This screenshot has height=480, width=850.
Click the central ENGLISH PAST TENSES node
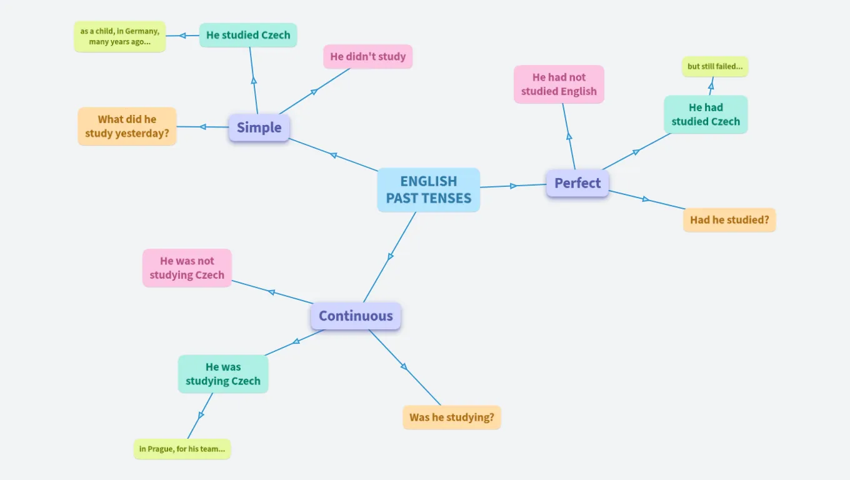coord(428,190)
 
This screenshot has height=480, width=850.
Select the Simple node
coord(259,127)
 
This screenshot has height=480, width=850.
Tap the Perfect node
coord(577,183)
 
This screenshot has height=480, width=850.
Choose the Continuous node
coord(356,316)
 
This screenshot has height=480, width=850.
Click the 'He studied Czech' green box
coord(248,35)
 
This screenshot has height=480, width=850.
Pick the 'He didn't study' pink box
coord(367,56)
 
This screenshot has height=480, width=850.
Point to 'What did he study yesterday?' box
coord(127,126)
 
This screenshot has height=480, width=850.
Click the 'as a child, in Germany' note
coord(120,36)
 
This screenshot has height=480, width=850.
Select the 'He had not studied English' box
coord(559,84)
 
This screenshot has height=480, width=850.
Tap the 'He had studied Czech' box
coord(706,114)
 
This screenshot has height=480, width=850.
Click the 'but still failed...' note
coord(715,66)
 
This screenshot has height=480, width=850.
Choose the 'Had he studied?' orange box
coord(729,220)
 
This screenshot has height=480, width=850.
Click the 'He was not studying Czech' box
coord(187,268)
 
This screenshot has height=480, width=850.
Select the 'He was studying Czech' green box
coord(223,374)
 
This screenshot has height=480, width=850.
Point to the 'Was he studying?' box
coord(451,417)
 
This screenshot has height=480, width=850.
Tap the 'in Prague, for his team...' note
coord(182,449)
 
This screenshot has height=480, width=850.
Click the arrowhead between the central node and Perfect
coord(513,186)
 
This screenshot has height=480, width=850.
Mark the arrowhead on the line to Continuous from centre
coord(391,257)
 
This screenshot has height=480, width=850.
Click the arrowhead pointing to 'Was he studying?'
coord(404,366)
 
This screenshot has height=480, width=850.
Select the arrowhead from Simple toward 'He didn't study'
coord(314,91)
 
